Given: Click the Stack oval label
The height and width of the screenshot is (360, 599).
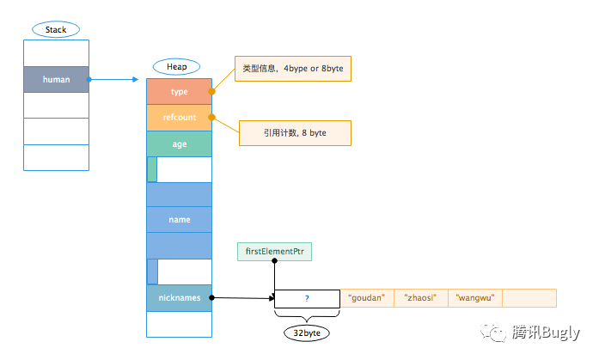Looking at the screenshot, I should pos(56,29).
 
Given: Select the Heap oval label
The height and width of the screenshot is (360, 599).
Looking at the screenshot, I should pos(176,67).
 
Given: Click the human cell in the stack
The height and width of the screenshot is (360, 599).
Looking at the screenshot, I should pos(56,80).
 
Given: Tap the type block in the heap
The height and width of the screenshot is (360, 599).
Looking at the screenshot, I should pos(179,91).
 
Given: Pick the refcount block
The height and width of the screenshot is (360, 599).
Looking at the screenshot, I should pos(179,118).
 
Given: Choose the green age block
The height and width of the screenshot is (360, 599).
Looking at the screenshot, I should pos(179,143).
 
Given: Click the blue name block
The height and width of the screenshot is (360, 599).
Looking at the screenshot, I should pos(179,220).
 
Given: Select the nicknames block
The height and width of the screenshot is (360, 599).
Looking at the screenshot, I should pos(179,298).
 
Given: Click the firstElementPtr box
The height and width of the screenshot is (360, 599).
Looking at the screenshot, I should pos(274,252).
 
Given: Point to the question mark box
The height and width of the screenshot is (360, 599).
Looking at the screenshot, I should pos(307,299).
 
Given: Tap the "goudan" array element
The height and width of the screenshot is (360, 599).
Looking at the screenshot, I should pos(367,298).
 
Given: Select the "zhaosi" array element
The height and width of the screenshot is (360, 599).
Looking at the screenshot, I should pos(421,298).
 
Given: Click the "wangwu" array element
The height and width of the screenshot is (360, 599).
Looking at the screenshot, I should pos(474,298).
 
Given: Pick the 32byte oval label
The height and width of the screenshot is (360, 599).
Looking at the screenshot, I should pos(307,331).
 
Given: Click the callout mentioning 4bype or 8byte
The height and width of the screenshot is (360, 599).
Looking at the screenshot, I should pos(293,69).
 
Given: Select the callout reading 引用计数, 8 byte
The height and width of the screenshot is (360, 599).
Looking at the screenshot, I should pos(295,132).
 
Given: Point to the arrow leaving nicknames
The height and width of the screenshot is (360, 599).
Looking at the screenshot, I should pos(242,298).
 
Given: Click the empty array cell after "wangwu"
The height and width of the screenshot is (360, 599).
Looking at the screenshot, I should pos(529,298).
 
